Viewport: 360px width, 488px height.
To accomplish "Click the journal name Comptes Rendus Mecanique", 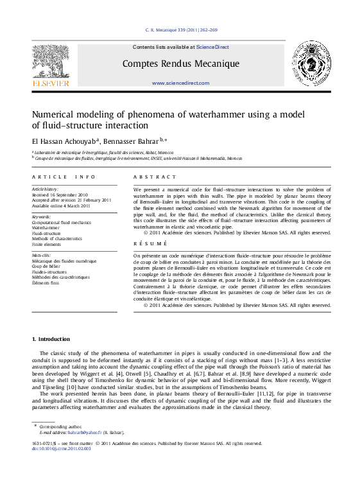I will [x=180, y=64].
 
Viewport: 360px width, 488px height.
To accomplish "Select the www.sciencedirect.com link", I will [x=180, y=83].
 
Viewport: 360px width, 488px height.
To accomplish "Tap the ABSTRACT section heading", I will [x=154, y=177].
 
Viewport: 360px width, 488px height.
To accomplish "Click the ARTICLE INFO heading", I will [x=64, y=177].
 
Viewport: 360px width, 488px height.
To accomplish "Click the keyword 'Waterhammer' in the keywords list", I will [x=47, y=227].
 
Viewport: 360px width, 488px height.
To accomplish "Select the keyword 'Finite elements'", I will [x=46, y=245].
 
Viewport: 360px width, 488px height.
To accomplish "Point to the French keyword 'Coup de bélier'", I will [x=45, y=266].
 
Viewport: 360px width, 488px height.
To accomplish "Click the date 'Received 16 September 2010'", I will [x=60, y=195].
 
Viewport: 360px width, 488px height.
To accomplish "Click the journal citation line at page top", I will [x=182, y=30].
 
